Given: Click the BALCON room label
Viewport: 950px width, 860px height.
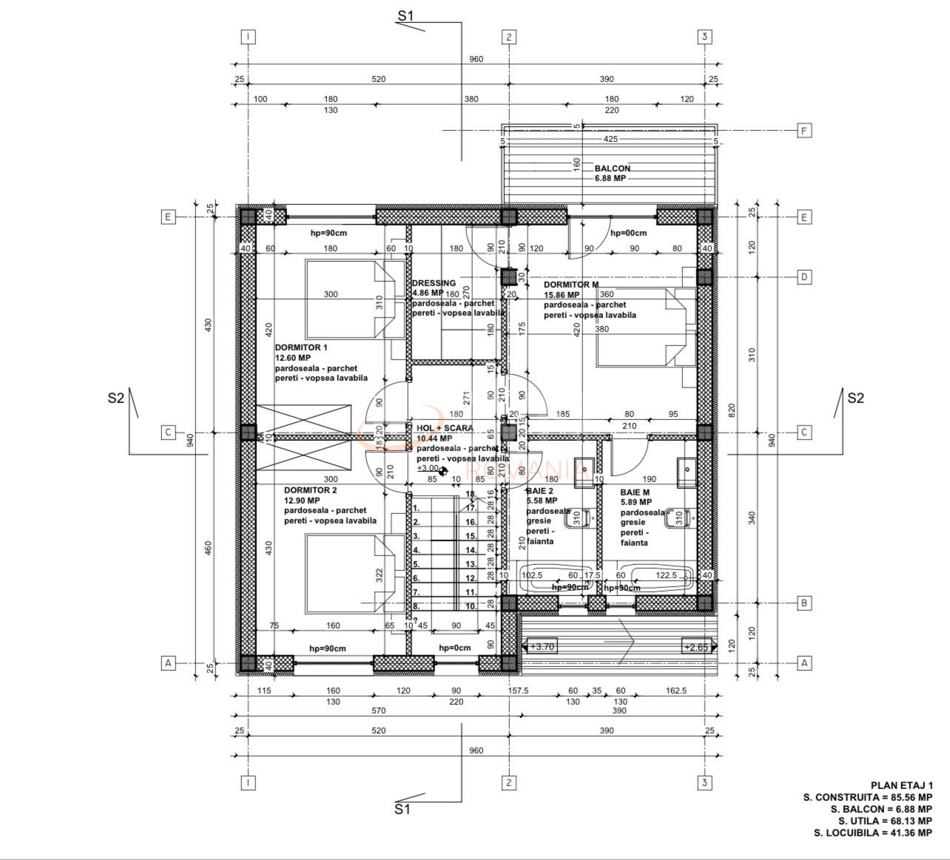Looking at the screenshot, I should pos(613,168).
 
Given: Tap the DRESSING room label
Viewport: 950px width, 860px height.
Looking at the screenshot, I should pos(434,283).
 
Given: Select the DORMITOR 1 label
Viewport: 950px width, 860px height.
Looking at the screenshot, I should pos(301,347).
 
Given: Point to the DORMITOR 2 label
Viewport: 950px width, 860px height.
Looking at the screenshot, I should pos(311,490).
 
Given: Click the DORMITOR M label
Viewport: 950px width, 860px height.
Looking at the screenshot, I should pos(571,284).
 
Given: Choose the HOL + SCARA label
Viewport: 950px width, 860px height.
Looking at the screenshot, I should pos(445,428).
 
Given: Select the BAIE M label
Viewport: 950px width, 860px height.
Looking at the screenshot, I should pos(635,492).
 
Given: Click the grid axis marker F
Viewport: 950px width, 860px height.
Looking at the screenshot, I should pos(804,131).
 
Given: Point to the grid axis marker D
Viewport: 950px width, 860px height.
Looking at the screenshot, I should pos(804,277).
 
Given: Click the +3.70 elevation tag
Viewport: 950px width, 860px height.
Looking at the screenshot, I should pos(542,647).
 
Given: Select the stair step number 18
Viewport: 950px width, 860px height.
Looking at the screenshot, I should pos(470,494).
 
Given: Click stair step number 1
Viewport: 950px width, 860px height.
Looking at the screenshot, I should pos(416,508).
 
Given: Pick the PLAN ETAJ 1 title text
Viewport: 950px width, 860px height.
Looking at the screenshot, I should pos(901,785).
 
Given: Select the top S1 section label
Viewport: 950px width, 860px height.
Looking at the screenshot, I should pos(405,16).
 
